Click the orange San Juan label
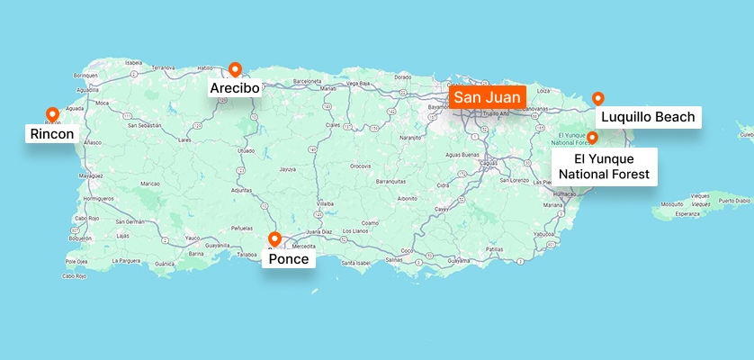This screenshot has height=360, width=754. [486, 96]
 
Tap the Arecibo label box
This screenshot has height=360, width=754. [235, 88]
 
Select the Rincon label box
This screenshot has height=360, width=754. [51, 134]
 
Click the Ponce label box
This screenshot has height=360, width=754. [289, 259]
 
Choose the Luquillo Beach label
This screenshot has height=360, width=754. [648, 116]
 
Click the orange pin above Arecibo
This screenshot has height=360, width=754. [235, 68]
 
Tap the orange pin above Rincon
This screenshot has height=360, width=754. [52, 114]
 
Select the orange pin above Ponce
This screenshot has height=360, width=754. [275, 238]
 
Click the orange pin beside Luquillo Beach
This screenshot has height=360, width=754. [597, 98]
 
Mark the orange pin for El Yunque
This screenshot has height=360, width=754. [592, 137]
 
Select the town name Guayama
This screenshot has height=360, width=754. [459, 261]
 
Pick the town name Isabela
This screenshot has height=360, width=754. [134, 63]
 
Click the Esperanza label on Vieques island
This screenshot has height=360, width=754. [687, 214]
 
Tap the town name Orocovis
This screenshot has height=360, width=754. [361, 166]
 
